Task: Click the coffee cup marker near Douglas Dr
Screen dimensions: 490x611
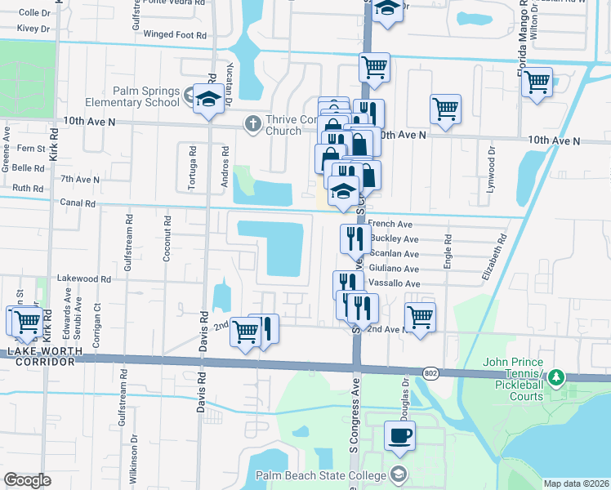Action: [399, 436]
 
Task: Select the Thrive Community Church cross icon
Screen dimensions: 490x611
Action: [253, 123]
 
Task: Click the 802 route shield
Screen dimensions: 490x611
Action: [430, 372]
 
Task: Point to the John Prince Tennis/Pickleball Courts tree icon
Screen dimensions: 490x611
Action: [556, 377]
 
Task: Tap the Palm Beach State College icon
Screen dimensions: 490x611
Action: [398, 474]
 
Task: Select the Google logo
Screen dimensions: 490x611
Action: [27, 480]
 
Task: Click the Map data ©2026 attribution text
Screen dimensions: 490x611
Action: [577, 483]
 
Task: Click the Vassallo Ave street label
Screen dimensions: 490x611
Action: [394, 283]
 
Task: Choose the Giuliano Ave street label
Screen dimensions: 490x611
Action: [394, 269]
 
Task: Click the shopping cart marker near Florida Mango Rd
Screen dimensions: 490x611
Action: [537, 82]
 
